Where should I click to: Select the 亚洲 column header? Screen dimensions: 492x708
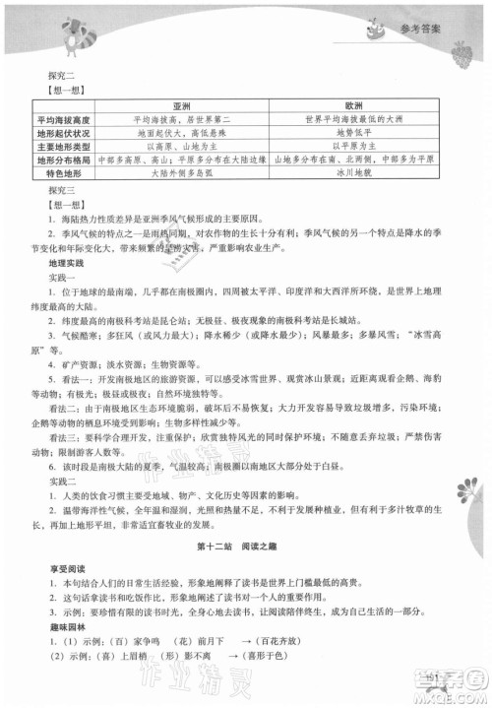(182, 103)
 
